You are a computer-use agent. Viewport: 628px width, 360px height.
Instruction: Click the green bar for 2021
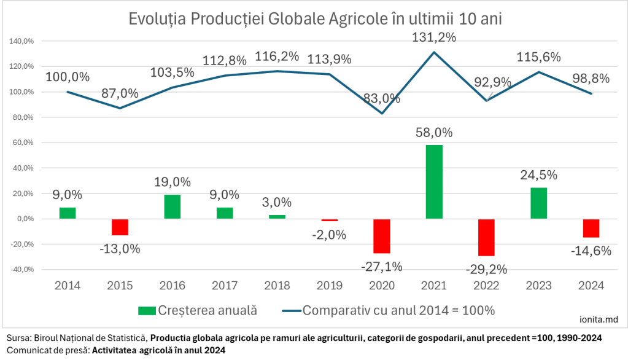pos(433,182)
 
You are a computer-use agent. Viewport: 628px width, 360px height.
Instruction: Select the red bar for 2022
pos(486,237)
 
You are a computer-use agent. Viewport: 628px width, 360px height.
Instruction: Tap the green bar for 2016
pos(172,206)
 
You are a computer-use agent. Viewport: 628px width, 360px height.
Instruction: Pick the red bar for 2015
pos(120,227)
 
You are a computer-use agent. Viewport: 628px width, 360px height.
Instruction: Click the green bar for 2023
pos(538,203)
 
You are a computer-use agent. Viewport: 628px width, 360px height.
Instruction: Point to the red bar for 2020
pos(382,236)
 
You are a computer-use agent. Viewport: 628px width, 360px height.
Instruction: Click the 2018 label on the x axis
pos(276,286)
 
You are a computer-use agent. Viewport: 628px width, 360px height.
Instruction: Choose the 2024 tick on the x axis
pos(591,286)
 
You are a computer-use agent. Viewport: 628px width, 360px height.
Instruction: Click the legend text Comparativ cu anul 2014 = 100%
pos(398,310)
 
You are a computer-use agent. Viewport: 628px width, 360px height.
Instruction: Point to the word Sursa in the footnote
pos(16,339)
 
